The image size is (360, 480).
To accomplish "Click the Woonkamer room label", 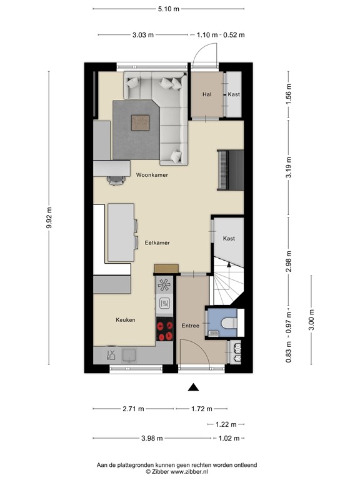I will [x=152, y=176].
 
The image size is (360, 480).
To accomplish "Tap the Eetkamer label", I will [x=157, y=242].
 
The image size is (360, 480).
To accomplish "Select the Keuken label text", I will [x=125, y=320].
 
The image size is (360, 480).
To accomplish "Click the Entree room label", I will [x=190, y=326].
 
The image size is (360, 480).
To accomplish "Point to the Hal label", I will [x=207, y=94].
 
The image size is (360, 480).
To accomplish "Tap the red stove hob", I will [x=164, y=330].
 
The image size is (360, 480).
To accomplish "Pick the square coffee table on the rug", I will [x=141, y=122].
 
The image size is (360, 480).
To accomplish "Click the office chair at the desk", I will [x=116, y=180].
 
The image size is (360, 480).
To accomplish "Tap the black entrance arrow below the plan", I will [x=194, y=387].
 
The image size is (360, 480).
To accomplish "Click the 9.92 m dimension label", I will [x=49, y=219].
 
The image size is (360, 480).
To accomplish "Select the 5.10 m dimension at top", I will [x=168, y=9].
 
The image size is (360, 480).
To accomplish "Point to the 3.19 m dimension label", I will [x=288, y=169].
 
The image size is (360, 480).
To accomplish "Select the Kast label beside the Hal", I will [x=234, y=94].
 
